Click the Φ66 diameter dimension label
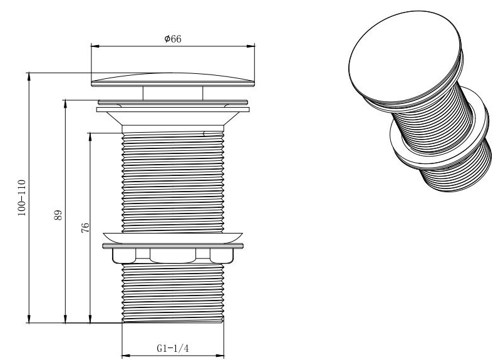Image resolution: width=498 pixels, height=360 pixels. [173, 39]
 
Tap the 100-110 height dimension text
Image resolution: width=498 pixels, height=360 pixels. [21, 198]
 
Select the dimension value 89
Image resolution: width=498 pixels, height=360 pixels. [58, 215]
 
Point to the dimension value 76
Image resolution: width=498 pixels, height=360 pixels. [85, 228]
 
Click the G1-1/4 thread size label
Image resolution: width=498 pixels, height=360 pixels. [173, 348]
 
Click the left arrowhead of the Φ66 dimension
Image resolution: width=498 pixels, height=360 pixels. [95, 46]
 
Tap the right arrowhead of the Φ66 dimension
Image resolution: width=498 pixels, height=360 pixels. [251, 46]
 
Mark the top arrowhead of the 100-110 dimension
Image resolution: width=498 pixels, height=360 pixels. [29, 77]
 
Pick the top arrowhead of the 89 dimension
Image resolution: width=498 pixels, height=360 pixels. [65, 105]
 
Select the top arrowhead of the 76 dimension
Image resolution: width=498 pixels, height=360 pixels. [90, 137]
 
